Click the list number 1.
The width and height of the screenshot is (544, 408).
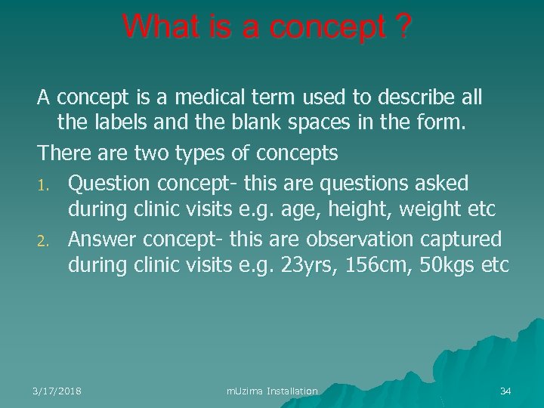(45, 184)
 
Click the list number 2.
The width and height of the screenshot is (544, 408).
(45, 240)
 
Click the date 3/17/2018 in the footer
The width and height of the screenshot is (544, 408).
(57, 391)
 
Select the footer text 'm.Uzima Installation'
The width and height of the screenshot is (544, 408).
(272, 391)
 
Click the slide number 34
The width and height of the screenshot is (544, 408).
(505, 391)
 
